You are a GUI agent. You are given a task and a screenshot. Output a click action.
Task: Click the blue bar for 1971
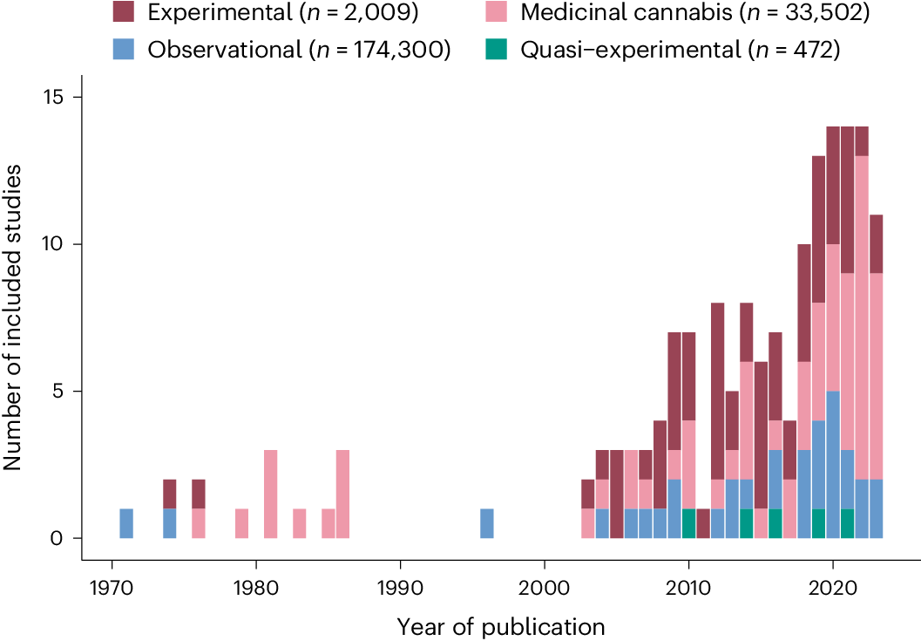(126, 523)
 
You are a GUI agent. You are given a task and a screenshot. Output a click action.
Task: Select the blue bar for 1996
(487, 523)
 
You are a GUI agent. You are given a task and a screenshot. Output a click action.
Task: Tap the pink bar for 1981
(270, 494)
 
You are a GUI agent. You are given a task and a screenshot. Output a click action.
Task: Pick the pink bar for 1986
(342, 494)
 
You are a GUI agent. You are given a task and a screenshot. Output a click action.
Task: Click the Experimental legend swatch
(123, 12)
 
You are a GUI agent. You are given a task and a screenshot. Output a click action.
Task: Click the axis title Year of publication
(501, 625)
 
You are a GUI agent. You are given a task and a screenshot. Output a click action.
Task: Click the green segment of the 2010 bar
(688, 523)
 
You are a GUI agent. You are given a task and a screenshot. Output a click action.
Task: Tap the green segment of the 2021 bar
(847, 523)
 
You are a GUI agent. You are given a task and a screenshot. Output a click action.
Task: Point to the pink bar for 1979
(241, 523)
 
